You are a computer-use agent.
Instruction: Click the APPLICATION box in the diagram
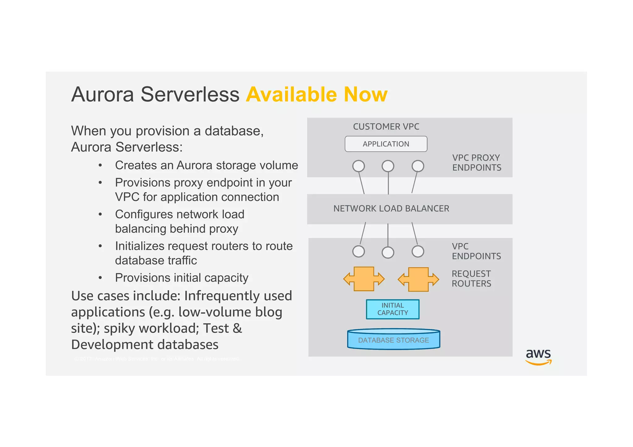386,144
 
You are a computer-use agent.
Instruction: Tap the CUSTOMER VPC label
386,127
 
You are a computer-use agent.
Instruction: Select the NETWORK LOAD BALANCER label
391,209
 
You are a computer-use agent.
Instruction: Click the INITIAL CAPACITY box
393,309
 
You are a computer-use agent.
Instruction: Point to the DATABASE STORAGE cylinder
393,339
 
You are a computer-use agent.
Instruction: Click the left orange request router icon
364,279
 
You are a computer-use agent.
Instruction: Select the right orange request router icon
418,279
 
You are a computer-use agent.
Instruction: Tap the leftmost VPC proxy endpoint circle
359,166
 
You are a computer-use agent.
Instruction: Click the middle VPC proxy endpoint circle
388,166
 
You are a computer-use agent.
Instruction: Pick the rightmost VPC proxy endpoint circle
418,166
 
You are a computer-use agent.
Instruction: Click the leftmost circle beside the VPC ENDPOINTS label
359,251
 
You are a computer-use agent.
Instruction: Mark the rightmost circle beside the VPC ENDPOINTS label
418,251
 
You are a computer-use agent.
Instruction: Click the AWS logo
538,357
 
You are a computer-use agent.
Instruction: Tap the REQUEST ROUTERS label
471,278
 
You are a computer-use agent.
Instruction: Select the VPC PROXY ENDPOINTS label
477,163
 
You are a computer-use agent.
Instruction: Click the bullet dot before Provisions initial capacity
100,278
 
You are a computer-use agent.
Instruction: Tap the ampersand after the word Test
237,328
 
